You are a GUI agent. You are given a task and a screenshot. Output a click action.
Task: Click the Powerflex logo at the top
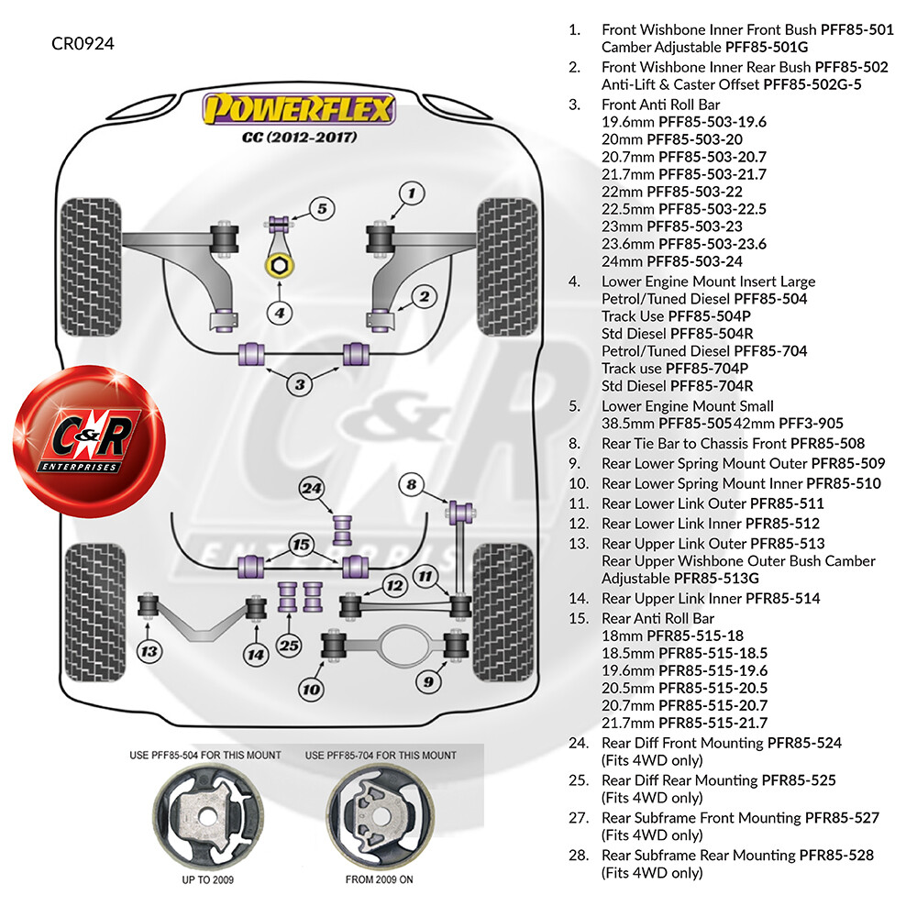pyautogui.click(x=299, y=109)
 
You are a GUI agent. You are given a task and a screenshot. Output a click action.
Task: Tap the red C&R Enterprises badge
pyautogui.click(x=90, y=440)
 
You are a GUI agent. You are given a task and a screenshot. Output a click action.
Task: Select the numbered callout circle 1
pyautogui.click(x=412, y=193)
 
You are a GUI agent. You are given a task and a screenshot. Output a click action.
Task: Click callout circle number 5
pyautogui.click(x=322, y=209)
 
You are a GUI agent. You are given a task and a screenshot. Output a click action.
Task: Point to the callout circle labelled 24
pyautogui.click(x=312, y=489)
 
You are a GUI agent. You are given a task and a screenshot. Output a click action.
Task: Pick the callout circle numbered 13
pyautogui.click(x=149, y=651)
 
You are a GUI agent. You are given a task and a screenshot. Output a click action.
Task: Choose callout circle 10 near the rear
pyautogui.click(x=311, y=690)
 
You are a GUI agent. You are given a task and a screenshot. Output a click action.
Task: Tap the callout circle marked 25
pyautogui.click(x=289, y=646)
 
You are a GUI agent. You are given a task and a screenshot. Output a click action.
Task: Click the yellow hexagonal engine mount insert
pyautogui.click(x=280, y=266)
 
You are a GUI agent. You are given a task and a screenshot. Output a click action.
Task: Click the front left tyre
pyautogui.click(x=91, y=267)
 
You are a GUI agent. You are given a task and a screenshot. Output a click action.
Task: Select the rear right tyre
pyautogui.click(x=503, y=613)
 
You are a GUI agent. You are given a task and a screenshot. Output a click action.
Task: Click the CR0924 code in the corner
pyautogui.click(x=83, y=44)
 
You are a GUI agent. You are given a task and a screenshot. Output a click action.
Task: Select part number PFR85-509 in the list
pyautogui.click(x=848, y=463)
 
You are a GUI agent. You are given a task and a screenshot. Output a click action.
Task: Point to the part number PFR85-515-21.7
pyautogui.click(x=713, y=723)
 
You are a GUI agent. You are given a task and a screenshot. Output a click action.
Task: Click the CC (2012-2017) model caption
pyautogui.click(x=300, y=138)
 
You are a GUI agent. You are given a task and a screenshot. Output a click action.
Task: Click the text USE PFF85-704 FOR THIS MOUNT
pyautogui.click(x=381, y=756)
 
